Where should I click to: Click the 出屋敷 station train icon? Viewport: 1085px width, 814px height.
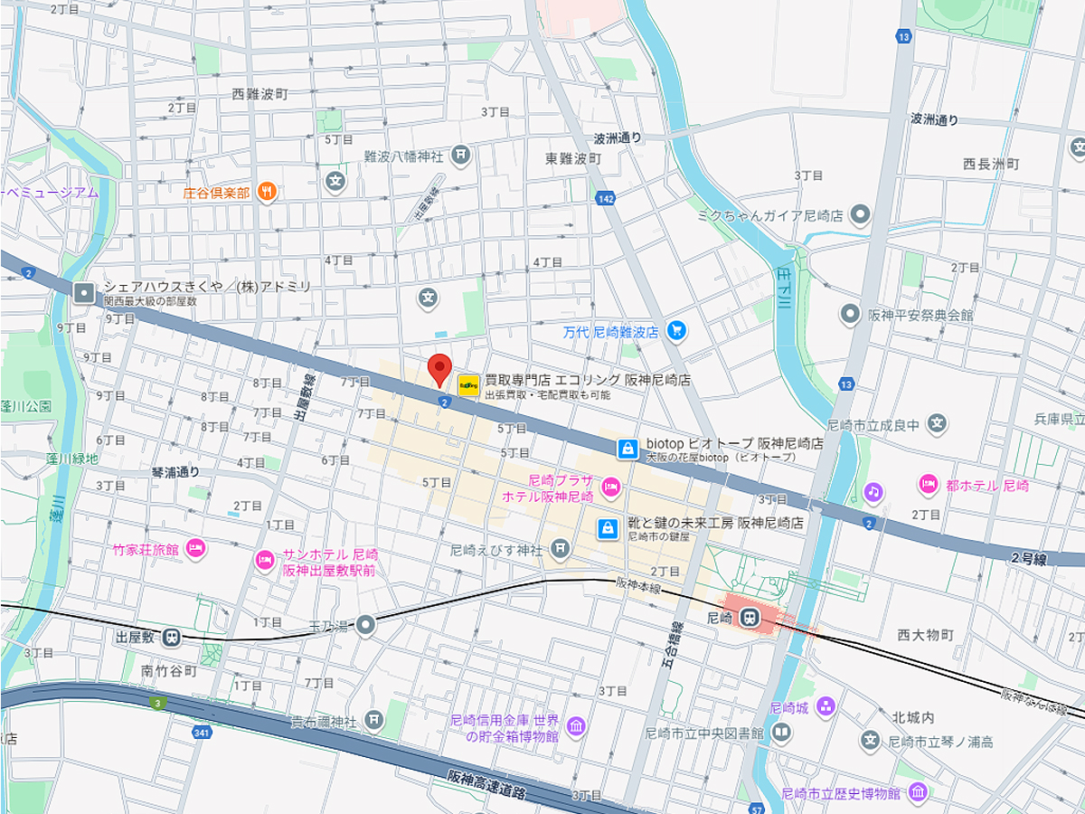click(x=172, y=637)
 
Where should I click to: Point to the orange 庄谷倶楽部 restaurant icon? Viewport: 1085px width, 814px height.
click(x=266, y=192)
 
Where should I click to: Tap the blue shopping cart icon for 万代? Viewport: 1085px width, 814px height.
click(x=675, y=331)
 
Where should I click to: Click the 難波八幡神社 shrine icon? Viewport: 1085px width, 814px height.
click(x=461, y=156)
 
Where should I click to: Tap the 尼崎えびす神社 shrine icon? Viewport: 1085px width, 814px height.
click(x=561, y=548)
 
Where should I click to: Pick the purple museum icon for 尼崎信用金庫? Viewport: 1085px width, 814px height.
click(x=575, y=726)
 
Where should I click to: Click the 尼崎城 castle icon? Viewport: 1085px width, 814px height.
click(x=825, y=707)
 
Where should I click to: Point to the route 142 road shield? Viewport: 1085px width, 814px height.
click(x=605, y=197)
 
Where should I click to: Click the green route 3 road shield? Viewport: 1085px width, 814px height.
click(x=159, y=703)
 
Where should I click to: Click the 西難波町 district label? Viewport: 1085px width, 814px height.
click(x=259, y=93)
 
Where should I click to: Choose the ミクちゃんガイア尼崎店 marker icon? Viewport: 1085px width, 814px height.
click(x=860, y=215)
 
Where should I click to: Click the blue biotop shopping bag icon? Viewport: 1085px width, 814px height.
click(x=627, y=448)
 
